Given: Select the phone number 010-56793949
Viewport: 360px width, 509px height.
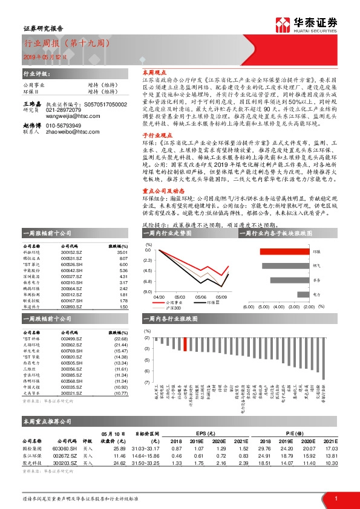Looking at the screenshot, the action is point(64,125).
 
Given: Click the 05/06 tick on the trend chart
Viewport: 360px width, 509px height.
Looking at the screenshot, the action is point(200,297).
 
